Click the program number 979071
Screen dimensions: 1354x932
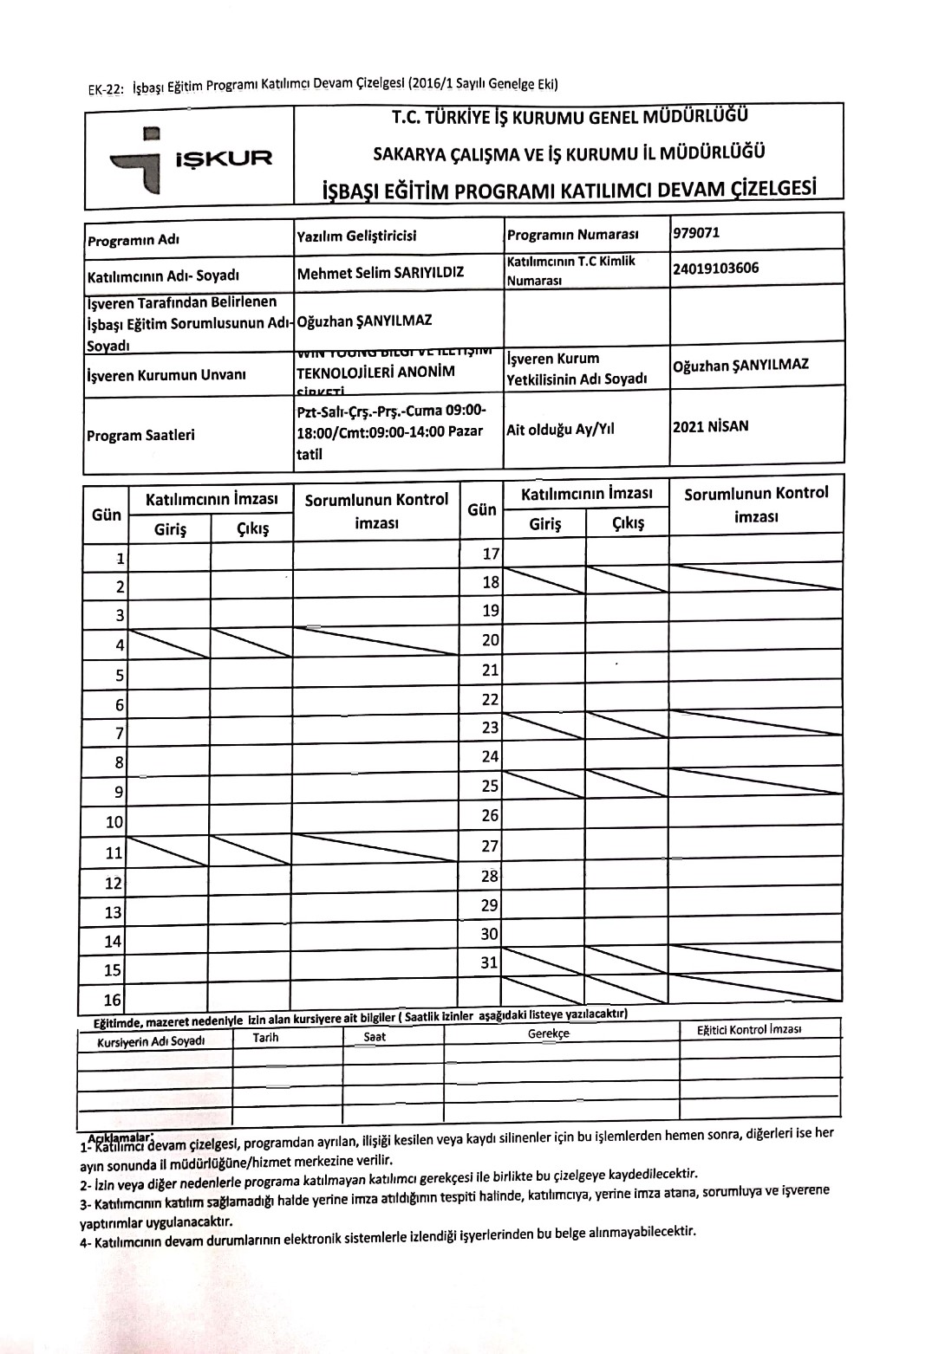(x=695, y=233)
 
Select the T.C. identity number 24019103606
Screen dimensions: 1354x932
(x=715, y=268)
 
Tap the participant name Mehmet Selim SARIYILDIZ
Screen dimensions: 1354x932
(x=381, y=273)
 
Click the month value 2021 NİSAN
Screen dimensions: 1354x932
(x=710, y=426)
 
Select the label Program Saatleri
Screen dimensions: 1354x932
(x=140, y=435)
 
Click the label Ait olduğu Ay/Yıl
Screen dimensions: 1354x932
(x=561, y=430)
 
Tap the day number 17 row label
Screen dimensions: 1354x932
(x=491, y=554)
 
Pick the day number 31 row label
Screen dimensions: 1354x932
(x=490, y=962)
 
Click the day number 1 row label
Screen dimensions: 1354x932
(x=121, y=559)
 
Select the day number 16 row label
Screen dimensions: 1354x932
(x=114, y=1000)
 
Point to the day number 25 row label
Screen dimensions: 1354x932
(x=491, y=786)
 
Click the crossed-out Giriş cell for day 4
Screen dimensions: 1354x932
(x=169, y=642)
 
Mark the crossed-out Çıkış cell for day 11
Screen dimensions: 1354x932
(x=251, y=851)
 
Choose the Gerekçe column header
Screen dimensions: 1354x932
(x=548, y=1033)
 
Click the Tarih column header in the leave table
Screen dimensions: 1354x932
(x=265, y=1038)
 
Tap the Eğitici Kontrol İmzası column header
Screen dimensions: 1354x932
(x=749, y=1030)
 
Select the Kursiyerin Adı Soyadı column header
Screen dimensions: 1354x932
(x=151, y=1041)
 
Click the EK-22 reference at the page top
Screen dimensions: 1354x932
(x=106, y=88)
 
